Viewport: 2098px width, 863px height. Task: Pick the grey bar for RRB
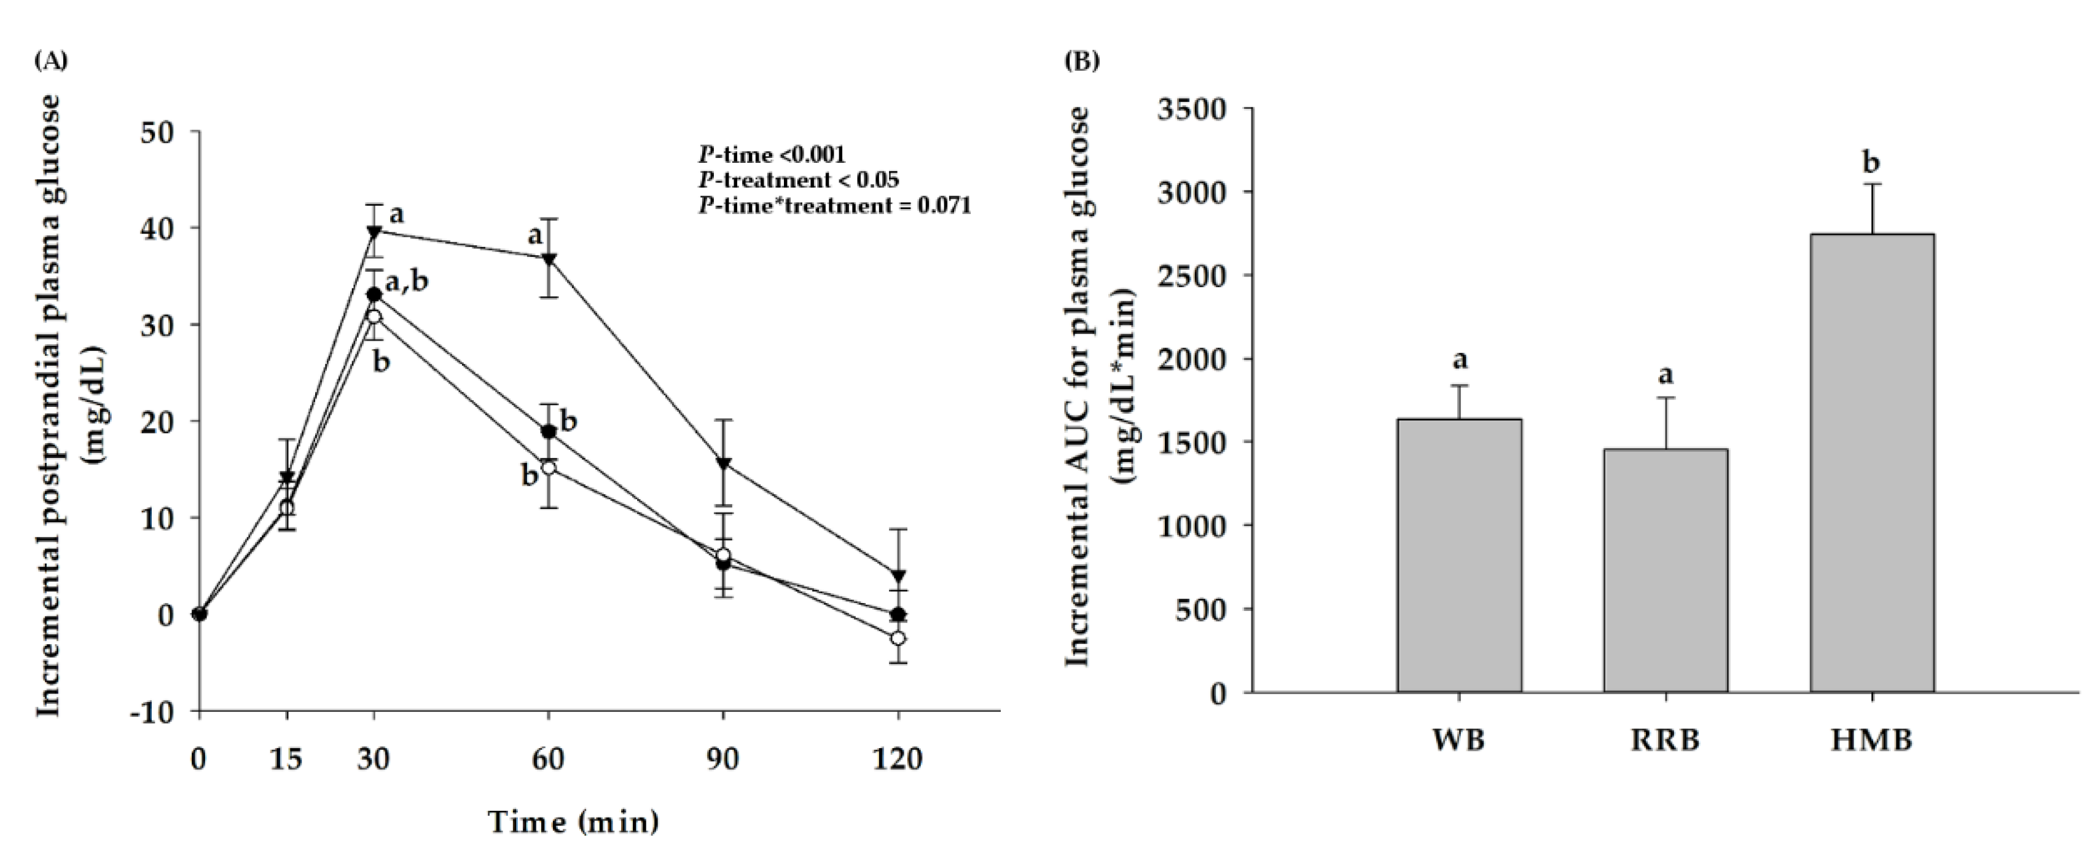pyautogui.click(x=1665, y=570)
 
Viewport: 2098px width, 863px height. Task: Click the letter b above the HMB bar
pyautogui.click(x=1871, y=163)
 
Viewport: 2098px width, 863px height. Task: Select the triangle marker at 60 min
pyautogui.click(x=549, y=259)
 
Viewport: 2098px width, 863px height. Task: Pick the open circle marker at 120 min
pyautogui.click(x=898, y=638)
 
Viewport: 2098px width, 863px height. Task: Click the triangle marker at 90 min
pyautogui.click(x=723, y=463)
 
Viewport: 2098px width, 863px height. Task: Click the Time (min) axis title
pyautogui.click(x=573, y=822)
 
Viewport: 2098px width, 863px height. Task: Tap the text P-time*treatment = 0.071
pyautogui.click(x=834, y=206)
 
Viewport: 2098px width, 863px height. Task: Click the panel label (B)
pyautogui.click(x=1082, y=60)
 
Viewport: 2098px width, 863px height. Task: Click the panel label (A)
pyautogui.click(x=50, y=60)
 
